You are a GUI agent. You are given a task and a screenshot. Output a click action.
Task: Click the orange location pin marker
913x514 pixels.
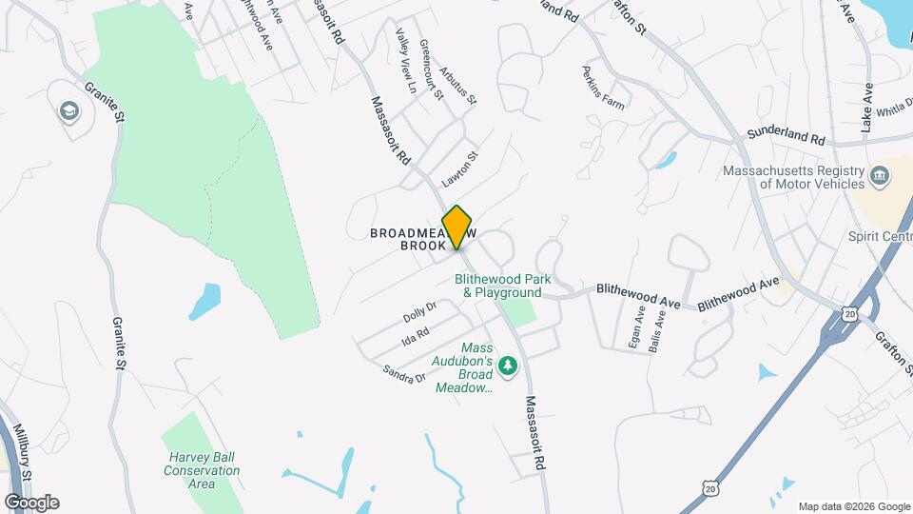(457, 227)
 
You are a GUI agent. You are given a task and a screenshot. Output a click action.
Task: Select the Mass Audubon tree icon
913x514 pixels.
(509, 366)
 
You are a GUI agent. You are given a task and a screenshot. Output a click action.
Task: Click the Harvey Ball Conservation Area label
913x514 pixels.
(201, 470)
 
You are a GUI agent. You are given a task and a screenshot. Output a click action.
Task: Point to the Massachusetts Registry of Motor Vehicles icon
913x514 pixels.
(880, 176)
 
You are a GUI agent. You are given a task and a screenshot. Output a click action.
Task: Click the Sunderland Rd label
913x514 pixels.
(786, 136)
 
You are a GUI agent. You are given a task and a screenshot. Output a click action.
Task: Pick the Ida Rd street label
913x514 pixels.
(416, 335)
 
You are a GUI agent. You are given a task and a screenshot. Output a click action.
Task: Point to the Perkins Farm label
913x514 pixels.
(604, 89)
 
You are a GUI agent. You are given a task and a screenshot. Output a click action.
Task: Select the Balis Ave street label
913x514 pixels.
(657, 332)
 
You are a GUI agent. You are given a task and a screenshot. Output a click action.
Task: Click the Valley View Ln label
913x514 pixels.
(406, 60)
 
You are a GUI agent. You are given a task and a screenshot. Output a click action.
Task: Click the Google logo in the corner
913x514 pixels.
(31, 503)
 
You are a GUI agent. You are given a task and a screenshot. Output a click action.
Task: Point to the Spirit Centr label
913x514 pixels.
(880, 236)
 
